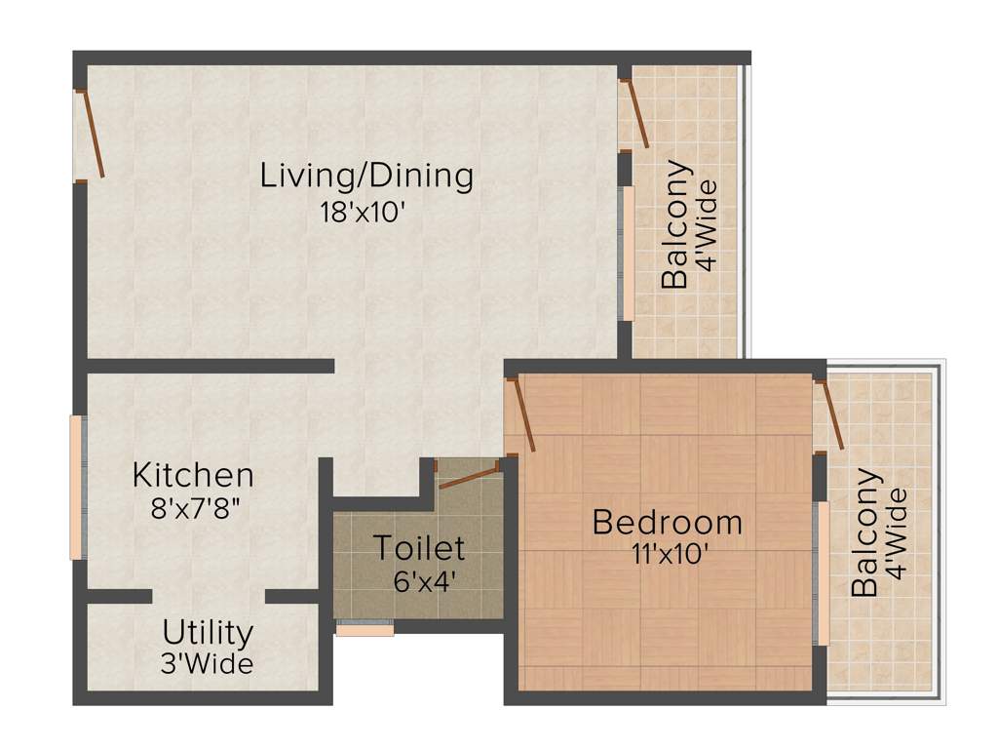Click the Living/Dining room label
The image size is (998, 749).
click(x=366, y=177)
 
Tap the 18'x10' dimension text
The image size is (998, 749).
click(x=362, y=213)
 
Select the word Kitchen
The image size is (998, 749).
click(x=193, y=476)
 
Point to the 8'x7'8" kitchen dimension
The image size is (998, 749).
click(x=193, y=509)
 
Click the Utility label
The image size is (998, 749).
click(x=208, y=632)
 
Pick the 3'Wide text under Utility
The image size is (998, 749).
click(x=208, y=664)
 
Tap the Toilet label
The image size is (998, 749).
click(x=420, y=548)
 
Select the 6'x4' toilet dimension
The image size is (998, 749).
click(x=420, y=580)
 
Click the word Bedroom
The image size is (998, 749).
click(x=667, y=523)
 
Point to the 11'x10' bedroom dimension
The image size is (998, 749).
click(x=668, y=555)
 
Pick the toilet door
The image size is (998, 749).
click(x=469, y=475)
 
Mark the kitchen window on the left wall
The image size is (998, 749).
click(x=76, y=488)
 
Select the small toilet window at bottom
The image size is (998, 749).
click(x=365, y=630)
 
